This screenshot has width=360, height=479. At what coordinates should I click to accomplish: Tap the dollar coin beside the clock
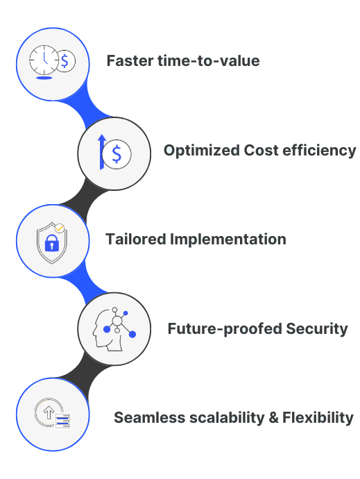65,60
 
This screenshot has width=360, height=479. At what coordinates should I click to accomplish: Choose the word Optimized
201,150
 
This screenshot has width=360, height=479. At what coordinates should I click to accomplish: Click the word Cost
262,150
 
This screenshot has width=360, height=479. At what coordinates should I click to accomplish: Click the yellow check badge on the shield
60,228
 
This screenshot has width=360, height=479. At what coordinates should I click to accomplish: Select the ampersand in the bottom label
271,418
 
